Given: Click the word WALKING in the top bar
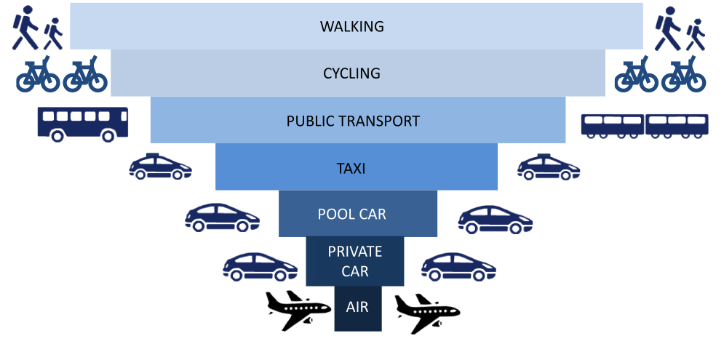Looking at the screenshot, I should (x=351, y=27).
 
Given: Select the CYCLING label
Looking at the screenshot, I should (x=351, y=73).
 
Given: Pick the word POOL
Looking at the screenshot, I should (x=335, y=215).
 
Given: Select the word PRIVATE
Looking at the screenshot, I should (x=354, y=252).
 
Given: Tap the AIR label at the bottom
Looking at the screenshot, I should (x=357, y=307).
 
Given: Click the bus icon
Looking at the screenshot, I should (x=83, y=124).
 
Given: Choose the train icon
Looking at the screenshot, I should (x=644, y=124).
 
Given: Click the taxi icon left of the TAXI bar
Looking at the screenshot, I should (x=160, y=167).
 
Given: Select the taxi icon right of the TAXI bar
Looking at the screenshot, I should (x=549, y=167).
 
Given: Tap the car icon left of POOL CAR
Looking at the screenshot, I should (x=222, y=217).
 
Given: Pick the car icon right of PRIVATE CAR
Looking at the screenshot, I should (x=458, y=266).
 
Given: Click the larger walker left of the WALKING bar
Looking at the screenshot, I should (x=25, y=28).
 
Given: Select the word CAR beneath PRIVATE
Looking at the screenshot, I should (x=354, y=271).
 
